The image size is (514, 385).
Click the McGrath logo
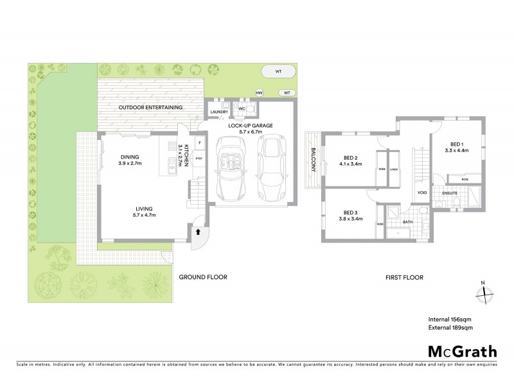pyautogui.click(x=463, y=351)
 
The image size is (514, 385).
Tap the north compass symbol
pyautogui.click(x=484, y=294)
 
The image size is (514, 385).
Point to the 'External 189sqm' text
pyautogui.click(x=450, y=328)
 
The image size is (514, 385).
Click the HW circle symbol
pyautogui.click(x=260, y=93)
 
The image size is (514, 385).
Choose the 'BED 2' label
pyautogui.click(x=350, y=157)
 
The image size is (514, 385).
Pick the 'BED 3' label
pyautogui.click(x=350, y=212)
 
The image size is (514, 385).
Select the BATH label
pyautogui.click(x=407, y=223)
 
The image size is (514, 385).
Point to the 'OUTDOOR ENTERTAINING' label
pyautogui.click(x=149, y=107)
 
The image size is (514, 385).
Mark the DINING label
pyautogui.click(x=130, y=157)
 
